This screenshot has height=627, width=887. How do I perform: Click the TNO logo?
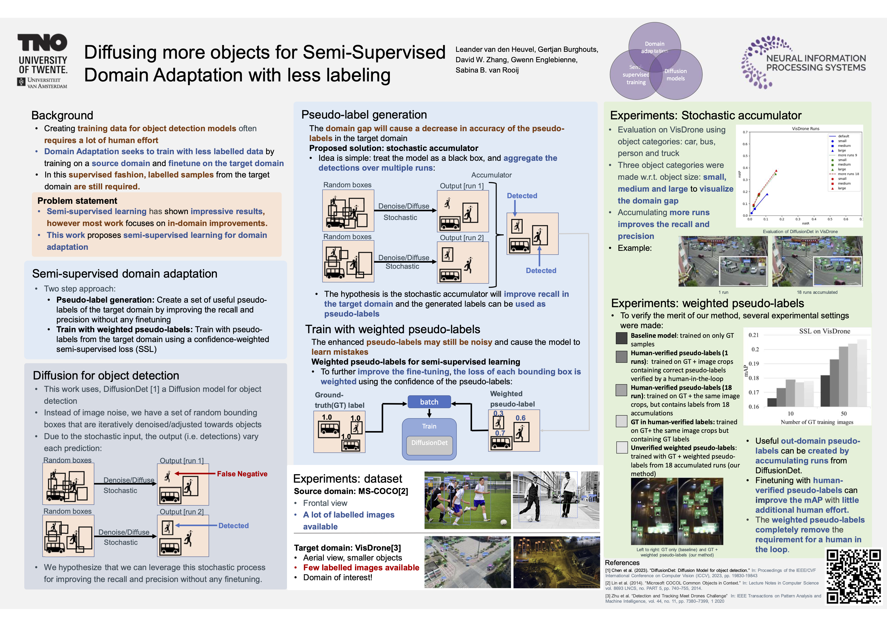pyautogui.click(x=42, y=42)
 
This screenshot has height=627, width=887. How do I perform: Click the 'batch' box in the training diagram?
pyautogui.click(x=429, y=402)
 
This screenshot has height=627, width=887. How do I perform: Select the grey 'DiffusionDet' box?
pyautogui.click(x=429, y=443)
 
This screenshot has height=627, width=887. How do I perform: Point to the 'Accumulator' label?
pyautogui.click(x=491, y=175)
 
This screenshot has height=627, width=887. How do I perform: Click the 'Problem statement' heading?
pyautogui.click(x=77, y=201)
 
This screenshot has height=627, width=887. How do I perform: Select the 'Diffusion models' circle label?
pyautogui.click(x=675, y=75)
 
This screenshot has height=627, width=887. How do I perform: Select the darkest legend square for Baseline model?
pyautogui.click(x=622, y=338)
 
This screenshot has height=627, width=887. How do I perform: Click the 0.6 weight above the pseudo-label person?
pyautogui.click(x=520, y=418)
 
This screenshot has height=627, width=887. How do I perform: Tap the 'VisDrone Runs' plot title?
pyautogui.click(x=806, y=129)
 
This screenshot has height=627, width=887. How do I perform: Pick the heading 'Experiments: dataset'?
pyautogui.click(x=347, y=479)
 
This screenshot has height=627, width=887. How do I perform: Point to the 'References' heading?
pyautogui.click(x=622, y=563)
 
